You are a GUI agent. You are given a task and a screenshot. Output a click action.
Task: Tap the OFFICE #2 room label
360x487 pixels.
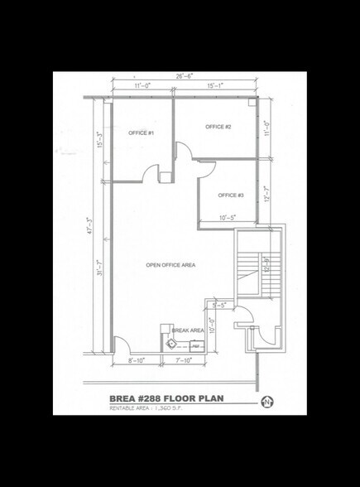tap(218, 127)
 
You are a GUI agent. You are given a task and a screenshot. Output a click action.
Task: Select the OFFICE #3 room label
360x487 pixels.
tap(230, 195)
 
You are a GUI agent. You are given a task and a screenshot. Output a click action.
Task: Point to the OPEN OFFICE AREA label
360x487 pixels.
tap(170, 265)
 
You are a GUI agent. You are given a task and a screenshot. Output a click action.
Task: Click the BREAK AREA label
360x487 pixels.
tap(188, 330)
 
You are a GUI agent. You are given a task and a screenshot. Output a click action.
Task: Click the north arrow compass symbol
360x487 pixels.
tap(266, 403)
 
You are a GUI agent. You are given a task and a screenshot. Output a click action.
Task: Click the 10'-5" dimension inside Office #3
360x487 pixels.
tap(229, 218)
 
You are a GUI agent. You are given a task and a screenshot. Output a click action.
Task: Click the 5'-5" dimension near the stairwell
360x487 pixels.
tap(219, 306)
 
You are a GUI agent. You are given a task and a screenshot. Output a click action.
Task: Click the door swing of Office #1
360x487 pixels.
tap(150, 173)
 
